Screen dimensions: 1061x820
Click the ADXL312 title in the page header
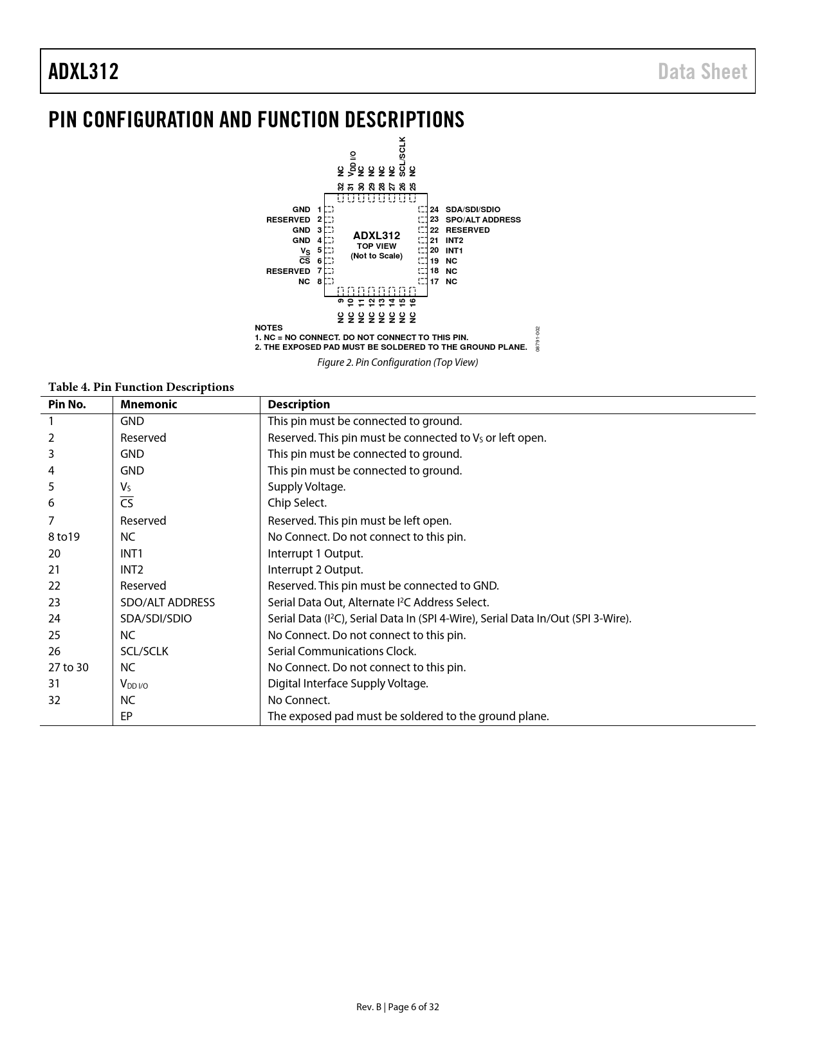click(84, 71)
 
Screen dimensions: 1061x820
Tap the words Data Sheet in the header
click(702, 71)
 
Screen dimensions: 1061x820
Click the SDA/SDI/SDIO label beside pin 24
click(473, 210)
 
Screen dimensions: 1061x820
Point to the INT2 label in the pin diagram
click(454, 240)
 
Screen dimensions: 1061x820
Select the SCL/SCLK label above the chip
click(403, 156)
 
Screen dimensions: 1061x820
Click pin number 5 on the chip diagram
click(320, 251)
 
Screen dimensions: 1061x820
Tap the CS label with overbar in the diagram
click(305, 261)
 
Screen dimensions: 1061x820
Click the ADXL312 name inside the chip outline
click(376, 235)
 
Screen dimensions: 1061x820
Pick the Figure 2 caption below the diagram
click(397, 362)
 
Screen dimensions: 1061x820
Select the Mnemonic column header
click(149, 404)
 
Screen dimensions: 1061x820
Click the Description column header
click(298, 404)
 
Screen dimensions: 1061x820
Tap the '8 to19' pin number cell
click(64, 537)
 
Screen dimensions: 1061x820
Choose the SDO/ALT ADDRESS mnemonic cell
click(167, 603)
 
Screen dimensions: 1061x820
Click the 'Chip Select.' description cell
click(297, 503)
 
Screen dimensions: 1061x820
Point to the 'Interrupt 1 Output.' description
click(315, 554)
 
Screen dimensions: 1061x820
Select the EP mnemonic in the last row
click(126, 716)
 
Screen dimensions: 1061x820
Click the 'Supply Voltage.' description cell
click(306, 487)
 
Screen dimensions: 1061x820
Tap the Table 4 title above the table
click(141, 387)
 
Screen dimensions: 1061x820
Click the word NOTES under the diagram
click(268, 328)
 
